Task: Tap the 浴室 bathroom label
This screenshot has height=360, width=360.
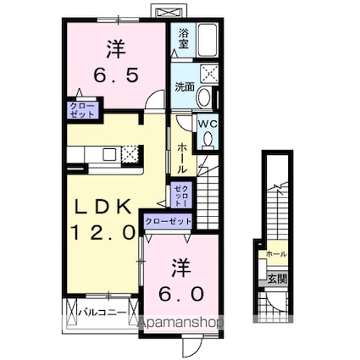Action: coord(184,37)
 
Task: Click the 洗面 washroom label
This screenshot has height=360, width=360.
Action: coord(184,86)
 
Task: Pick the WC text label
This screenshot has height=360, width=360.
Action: coord(208,123)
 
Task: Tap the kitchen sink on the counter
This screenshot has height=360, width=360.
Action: coord(108,153)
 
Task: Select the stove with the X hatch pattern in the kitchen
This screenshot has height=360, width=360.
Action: coord(129,153)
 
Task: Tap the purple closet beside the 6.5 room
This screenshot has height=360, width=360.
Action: coord(83,109)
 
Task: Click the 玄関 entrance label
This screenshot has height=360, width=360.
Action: coord(276,276)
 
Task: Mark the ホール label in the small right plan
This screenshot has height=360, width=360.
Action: coord(276,254)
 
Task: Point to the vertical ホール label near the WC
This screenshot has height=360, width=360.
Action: coord(182,158)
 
